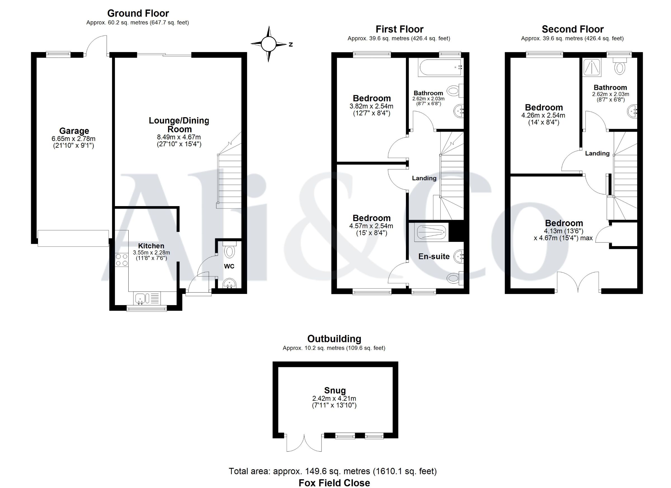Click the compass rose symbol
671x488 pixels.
pos(269,44)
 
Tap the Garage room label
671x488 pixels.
pos(74,131)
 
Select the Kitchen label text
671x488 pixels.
pos(151,246)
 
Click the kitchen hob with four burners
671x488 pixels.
pos(122,260)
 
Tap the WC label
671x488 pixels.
pos(229,266)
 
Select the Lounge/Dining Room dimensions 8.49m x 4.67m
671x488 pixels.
pos(179,137)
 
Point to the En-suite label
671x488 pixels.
pos(434,256)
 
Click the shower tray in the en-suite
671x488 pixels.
pos(431,233)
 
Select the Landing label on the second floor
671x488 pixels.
pos(597,153)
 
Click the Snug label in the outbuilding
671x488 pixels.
pos(335,390)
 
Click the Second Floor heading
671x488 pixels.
pos(573,29)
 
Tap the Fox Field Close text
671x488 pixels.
pos(334,483)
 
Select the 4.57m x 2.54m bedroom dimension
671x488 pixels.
pos(371,226)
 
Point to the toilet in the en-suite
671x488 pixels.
pos(455,278)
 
